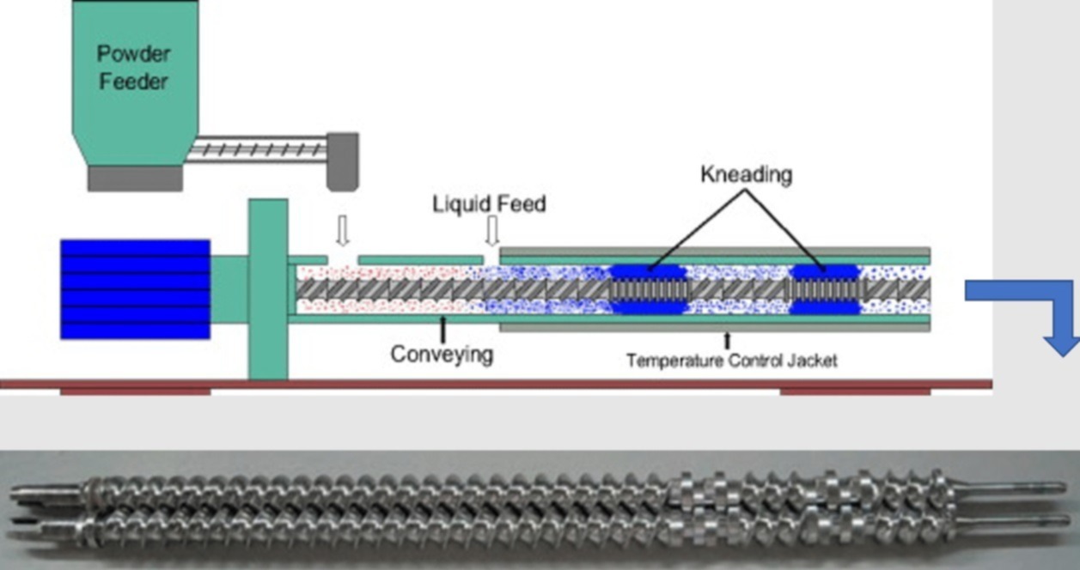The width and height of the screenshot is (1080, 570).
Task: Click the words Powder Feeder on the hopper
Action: click(133, 68)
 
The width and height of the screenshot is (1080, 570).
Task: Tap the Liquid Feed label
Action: click(489, 204)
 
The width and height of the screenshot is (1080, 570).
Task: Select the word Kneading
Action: click(746, 175)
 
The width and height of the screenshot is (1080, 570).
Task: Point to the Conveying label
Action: click(442, 353)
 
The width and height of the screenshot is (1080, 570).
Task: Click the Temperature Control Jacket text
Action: click(731, 361)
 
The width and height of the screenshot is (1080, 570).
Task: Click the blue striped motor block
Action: click(135, 288)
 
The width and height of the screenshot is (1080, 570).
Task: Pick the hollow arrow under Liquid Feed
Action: click(492, 230)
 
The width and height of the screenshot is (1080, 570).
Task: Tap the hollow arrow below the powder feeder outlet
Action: click(342, 230)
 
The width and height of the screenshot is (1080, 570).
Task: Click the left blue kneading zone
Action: click(649, 289)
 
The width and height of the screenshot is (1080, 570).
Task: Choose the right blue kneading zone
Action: click(825, 289)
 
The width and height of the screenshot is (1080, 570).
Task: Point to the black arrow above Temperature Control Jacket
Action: click(729, 340)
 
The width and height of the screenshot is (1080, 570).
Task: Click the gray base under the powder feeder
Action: click(135, 179)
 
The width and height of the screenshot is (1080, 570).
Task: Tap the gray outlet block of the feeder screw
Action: click(343, 161)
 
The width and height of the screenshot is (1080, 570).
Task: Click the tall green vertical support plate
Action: click(268, 288)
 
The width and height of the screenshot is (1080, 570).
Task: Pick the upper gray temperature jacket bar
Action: click(714, 252)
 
